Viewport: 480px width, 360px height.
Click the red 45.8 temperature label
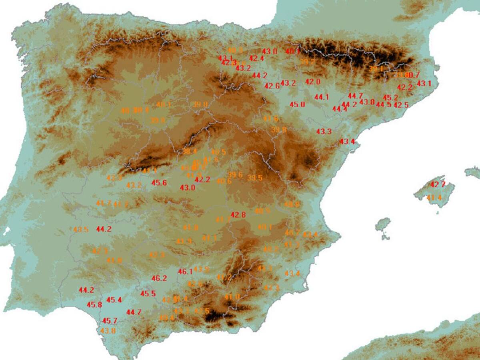[x=94, y=304]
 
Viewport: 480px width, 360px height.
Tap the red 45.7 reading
[x=110, y=321]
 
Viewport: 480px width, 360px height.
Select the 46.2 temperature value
[x=159, y=278]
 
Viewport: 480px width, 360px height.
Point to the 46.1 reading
[x=185, y=272]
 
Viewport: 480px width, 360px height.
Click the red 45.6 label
[x=159, y=183]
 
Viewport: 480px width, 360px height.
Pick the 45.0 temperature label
[x=298, y=104]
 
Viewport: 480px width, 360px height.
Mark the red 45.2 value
[x=390, y=98]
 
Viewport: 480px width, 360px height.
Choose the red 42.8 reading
[x=238, y=215]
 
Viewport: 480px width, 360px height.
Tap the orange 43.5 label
[x=81, y=230]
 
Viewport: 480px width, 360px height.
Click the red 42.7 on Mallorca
[x=438, y=185]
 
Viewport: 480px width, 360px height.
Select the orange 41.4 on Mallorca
[x=434, y=198]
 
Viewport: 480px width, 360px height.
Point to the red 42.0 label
[x=313, y=82]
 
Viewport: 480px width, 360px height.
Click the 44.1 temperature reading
[x=322, y=97]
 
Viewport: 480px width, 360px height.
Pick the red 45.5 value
[x=148, y=294]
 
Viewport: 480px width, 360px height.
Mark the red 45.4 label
[x=114, y=300]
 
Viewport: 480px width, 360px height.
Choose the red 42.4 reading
[x=256, y=58]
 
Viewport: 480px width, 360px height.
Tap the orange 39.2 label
[x=307, y=62]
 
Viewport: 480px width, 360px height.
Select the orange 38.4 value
[x=190, y=151]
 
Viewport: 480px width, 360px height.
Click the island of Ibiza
[x=383, y=225]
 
